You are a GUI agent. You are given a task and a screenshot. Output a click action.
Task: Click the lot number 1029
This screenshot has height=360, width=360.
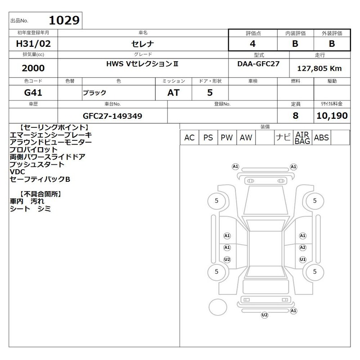64,20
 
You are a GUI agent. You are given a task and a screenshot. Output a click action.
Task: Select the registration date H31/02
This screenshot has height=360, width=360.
33,44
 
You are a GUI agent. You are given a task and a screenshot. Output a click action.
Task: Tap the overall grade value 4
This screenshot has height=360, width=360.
252,44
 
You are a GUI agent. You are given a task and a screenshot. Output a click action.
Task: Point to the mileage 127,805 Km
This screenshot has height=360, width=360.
319,68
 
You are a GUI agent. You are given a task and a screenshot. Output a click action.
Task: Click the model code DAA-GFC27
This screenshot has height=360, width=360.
258,63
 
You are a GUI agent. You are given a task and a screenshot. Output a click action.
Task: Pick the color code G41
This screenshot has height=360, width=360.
33,93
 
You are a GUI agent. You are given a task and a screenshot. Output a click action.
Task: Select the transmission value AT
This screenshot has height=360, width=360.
173,93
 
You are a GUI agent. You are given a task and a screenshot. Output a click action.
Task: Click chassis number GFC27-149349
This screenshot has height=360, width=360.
112,116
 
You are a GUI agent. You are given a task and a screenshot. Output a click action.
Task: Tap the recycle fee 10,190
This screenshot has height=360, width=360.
332,116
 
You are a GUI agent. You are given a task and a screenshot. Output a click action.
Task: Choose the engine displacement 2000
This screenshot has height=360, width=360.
33,68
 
